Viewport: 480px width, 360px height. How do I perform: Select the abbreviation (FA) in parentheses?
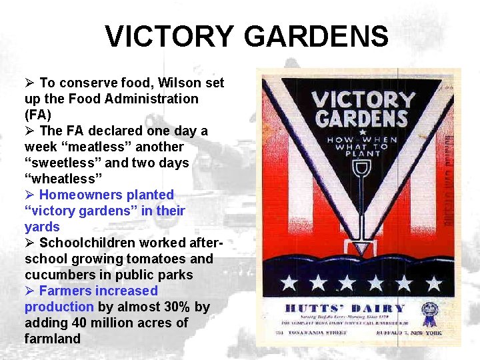(38, 115)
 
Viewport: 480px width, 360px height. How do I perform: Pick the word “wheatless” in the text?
(63, 179)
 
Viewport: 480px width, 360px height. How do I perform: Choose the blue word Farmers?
(65, 291)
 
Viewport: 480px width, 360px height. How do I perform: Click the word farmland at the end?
(53, 339)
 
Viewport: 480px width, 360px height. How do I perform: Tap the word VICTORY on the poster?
(363, 100)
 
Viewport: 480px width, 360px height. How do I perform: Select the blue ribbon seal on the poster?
(429, 311)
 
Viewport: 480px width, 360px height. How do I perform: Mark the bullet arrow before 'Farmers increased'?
(29, 291)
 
